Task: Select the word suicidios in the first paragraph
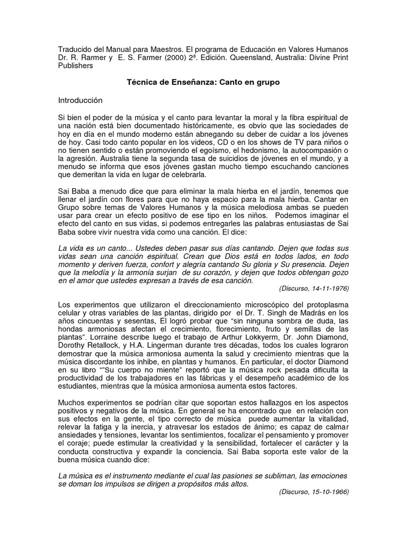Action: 222,159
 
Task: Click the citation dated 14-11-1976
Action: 313,289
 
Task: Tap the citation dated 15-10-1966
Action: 313,492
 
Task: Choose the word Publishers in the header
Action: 76,66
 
